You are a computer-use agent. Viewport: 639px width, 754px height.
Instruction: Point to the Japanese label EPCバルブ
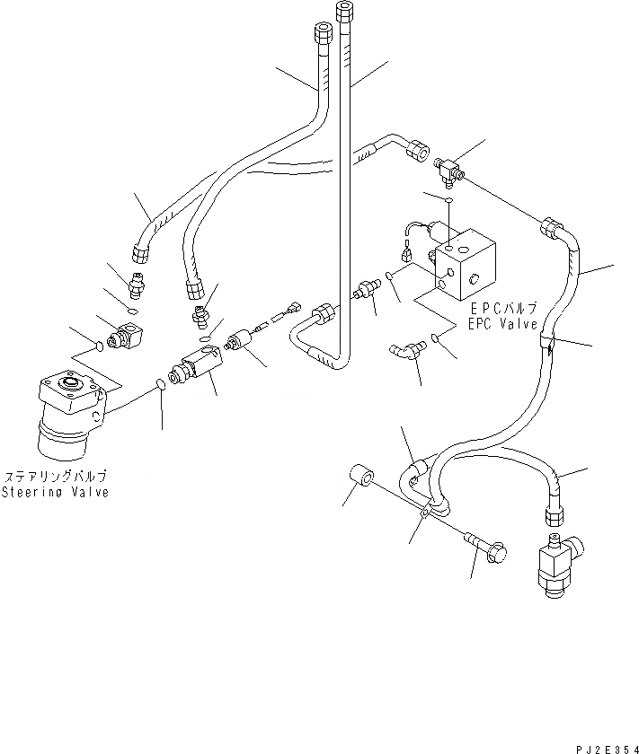(501, 310)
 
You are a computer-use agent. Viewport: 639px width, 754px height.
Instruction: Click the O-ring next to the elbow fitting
(437, 339)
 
